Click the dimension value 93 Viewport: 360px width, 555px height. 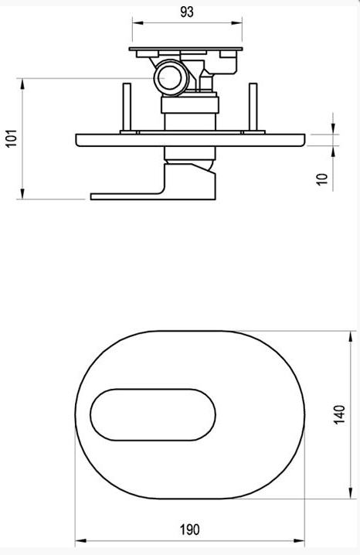187,12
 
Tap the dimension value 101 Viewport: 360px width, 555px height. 12,138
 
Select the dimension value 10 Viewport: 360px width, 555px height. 322,179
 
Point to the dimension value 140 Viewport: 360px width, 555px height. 339,414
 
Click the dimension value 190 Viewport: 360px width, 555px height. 190,529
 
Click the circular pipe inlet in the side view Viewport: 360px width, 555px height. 170,77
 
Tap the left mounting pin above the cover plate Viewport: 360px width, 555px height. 127,107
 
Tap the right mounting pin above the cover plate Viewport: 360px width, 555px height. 253,107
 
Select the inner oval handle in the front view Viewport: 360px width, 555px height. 153,415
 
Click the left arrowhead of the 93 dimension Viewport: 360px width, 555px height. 138,23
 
